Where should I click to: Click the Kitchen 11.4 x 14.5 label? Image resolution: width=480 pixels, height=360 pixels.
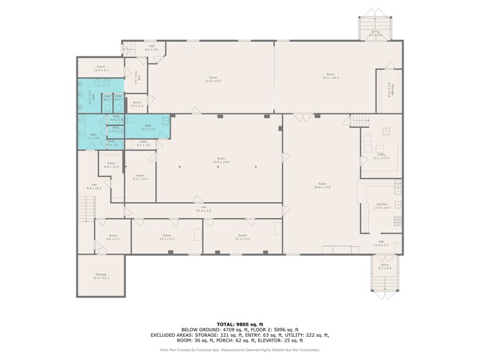pos(381,206)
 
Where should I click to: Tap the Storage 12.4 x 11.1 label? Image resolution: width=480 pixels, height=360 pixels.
pos(100,276)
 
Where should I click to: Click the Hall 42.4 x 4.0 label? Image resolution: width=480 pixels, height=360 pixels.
pos(203,209)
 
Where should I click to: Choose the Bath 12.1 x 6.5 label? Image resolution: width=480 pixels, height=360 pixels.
pos(149,128)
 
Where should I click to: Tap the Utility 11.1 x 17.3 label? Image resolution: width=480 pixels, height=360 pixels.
pos(381,156)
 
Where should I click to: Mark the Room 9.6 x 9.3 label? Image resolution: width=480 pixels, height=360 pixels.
pos(113,237)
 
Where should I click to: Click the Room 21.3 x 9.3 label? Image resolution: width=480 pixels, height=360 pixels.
pos(242,237)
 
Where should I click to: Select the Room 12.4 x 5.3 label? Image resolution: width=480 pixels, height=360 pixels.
pos(101,68)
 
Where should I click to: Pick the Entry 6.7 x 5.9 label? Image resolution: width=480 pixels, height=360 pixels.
pos(384,266)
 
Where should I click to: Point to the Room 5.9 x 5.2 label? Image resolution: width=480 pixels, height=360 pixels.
pos(137,104)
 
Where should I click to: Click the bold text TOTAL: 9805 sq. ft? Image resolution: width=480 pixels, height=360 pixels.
pos(239,324)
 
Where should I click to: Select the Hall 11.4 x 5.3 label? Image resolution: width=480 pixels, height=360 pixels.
pos(381,244)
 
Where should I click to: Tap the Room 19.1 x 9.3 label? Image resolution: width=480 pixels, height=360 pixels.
pos(167,237)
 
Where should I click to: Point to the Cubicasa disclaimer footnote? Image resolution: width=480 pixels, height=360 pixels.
pos(239,350)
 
